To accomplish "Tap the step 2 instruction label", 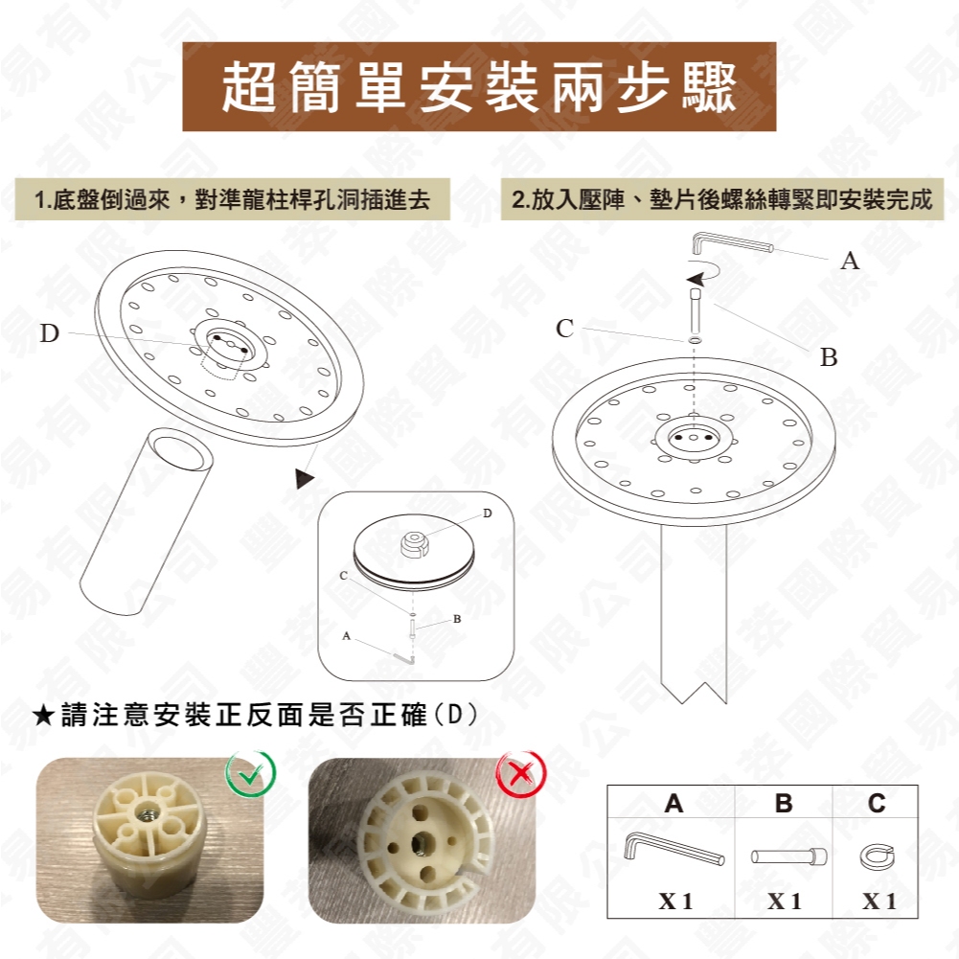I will (x=721, y=200).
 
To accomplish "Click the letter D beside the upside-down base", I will (x=50, y=333).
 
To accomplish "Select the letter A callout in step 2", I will (x=849, y=260).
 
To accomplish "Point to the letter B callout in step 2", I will (x=829, y=357).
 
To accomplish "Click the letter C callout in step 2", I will (x=565, y=329).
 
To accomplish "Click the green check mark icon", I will (x=249, y=774).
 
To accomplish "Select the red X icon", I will (x=521, y=774).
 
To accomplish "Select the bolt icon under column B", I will (x=786, y=855).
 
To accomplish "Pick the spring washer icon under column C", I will (x=877, y=856).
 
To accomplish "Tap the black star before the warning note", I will (x=43, y=716).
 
